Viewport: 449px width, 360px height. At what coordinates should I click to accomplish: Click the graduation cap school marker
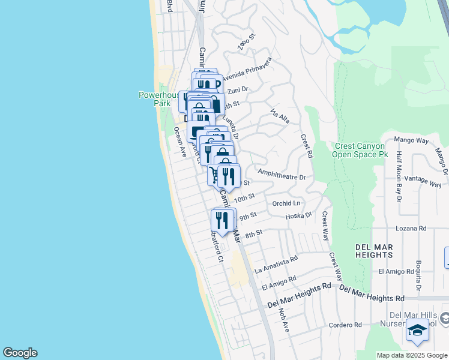[x=418, y=330]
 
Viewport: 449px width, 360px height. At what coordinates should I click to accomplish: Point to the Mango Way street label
[x=411, y=140]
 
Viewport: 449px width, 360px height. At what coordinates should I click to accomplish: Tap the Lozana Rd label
[x=411, y=229]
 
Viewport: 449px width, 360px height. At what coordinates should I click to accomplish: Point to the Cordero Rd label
[x=345, y=325]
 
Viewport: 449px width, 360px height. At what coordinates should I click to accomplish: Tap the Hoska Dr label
[x=299, y=215]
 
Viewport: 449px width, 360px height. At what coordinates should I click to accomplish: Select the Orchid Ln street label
[x=286, y=203]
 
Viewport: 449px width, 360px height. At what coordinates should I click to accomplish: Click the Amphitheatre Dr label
[x=282, y=178]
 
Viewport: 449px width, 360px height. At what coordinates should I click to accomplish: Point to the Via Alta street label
[x=280, y=116]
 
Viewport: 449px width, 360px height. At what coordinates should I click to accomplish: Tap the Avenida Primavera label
[x=247, y=70]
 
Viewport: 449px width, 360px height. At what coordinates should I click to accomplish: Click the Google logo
[x=20, y=353]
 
